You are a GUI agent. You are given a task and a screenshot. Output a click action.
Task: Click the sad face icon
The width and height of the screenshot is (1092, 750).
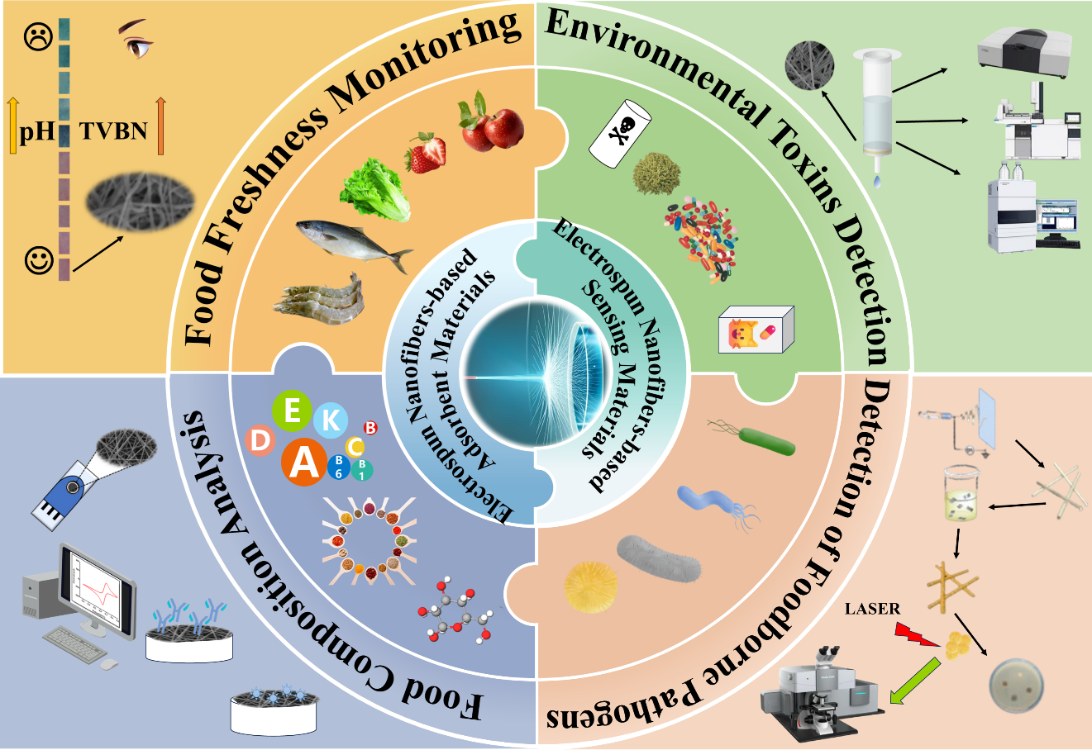(36, 39)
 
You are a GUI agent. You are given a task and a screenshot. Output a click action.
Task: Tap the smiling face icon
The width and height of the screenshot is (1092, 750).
(38, 262)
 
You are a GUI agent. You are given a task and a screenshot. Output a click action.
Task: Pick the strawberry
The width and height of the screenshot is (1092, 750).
(426, 153)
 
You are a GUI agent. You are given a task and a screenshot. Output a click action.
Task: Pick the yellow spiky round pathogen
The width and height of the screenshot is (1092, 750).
(590, 586)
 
